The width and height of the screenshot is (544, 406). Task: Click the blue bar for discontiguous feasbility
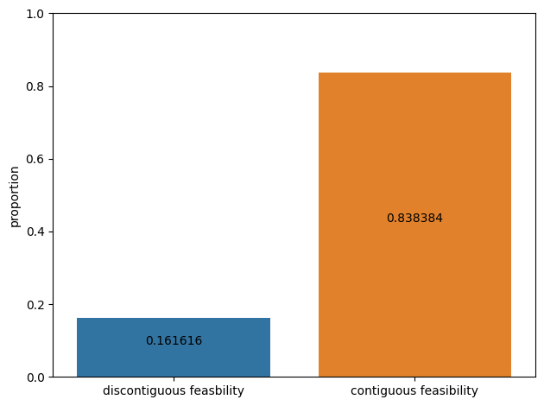coord(174,347)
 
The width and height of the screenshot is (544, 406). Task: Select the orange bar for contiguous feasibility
coord(415,225)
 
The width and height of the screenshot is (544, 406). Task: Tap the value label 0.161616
coord(174,340)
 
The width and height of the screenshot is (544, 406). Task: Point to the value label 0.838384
coord(414,218)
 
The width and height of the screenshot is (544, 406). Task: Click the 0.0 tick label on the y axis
coord(35,377)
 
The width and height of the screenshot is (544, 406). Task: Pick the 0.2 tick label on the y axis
coord(35,305)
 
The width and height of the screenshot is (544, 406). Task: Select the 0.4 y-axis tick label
coord(35,232)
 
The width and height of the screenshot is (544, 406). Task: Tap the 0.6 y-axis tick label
coord(35,159)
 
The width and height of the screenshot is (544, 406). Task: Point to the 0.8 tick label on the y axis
coord(35,86)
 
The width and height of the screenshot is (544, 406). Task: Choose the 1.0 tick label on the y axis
coord(35,14)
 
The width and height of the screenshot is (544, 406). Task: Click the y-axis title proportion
coord(14,197)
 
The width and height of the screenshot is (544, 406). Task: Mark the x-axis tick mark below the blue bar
coord(174,379)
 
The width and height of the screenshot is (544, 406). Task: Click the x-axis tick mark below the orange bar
coord(415,379)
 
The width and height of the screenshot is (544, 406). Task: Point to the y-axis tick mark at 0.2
coord(51,304)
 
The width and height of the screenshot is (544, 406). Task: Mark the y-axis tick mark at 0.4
coord(51,232)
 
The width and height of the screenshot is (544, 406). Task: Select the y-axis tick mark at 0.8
coord(51,86)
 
